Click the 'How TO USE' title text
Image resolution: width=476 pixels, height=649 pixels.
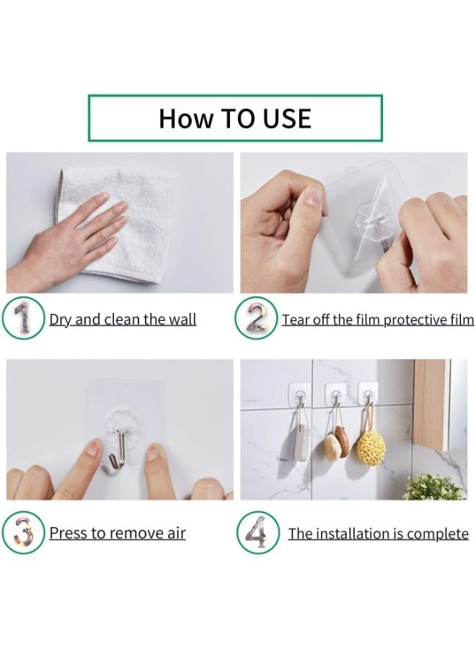coord(235,118)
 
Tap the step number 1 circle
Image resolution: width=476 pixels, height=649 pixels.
coord(23,318)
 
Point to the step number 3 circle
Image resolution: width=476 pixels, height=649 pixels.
coord(23,534)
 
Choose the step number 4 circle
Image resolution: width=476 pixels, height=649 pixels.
coord(257,534)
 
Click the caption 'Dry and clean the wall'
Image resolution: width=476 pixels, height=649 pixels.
coord(123,319)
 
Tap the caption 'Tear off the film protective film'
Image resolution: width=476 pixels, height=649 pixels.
coord(377,319)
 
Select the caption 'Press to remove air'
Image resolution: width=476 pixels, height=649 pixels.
coord(117,534)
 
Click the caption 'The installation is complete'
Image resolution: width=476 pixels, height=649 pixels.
coord(378,534)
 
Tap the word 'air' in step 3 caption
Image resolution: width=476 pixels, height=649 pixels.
coord(175,534)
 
